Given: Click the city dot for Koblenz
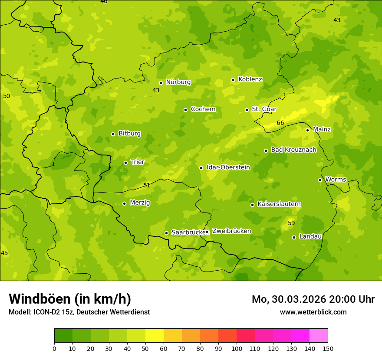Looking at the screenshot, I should pyautogui.click(x=233, y=80).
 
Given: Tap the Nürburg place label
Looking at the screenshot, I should pyautogui.click(x=178, y=82).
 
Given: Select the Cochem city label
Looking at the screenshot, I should pyautogui.click(x=203, y=109).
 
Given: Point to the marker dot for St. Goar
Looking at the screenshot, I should pyautogui.click(x=247, y=110).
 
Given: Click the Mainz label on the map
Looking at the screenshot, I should pyautogui.click(x=322, y=130).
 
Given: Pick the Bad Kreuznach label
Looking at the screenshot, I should pyautogui.click(x=293, y=150).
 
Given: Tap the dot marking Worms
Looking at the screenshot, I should pyautogui.click(x=320, y=180).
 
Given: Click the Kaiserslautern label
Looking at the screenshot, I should pyautogui.click(x=279, y=204).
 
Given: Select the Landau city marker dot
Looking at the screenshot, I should pyautogui.click(x=294, y=237).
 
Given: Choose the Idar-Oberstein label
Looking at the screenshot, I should pyautogui.click(x=228, y=167).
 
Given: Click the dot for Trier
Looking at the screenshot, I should pyautogui.click(x=125, y=163).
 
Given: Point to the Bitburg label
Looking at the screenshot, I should pyautogui.click(x=129, y=134).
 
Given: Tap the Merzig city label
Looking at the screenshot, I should pyautogui.click(x=140, y=203).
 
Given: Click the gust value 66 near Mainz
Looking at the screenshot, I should pyautogui.click(x=280, y=123).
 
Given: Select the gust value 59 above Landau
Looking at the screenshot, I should pyautogui.click(x=291, y=223).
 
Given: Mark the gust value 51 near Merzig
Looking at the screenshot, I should pyautogui.click(x=147, y=186).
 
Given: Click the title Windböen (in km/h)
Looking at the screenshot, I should pyautogui.click(x=70, y=299).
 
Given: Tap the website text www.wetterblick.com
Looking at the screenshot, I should pyautogui.click(x=313, y=312).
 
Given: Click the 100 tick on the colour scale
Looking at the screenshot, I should pyautogui.click(x=237, y=348).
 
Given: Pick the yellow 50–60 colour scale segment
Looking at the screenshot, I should pyautogui.click(x=155, y=336).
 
